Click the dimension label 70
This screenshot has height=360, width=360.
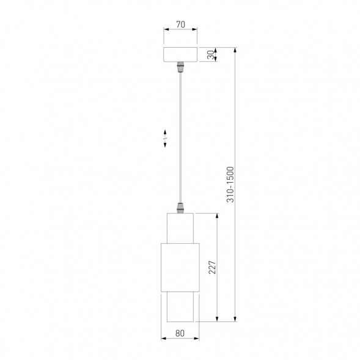pos(180,24)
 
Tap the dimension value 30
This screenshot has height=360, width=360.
pos(210,54)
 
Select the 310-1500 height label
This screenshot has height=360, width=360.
pos(230,185)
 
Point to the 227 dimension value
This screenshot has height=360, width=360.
pos(212,267)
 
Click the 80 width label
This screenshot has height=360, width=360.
pos(180,333)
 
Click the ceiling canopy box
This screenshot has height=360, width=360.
pos(180,54)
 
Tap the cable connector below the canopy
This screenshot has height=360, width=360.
pos(180,67)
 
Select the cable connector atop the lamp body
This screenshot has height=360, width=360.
pos(180,208)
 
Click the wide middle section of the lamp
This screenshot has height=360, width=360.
pos(180,268)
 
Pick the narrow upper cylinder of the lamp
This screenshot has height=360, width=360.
pos(180,228)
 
